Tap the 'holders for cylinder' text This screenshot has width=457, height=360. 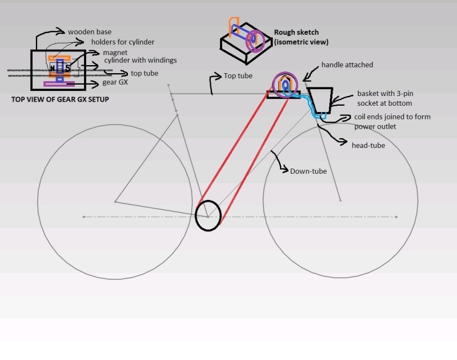tap(123, 42)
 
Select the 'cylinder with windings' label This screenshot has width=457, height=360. tap(141, 60)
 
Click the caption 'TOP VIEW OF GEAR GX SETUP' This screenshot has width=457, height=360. tap(60, 99)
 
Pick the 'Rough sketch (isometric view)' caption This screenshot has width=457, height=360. tap(301, 37)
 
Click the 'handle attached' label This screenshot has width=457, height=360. tap(347, 65)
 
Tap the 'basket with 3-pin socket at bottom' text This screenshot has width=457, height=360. tap(384, 98)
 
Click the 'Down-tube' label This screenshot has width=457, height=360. tap(308, 171)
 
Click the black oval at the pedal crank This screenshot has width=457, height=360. tap(208, 215)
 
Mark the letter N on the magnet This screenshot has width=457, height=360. tap(53, 69)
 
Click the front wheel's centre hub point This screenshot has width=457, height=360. tap(340, 201)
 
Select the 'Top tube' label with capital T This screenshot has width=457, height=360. tap(238, 75)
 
